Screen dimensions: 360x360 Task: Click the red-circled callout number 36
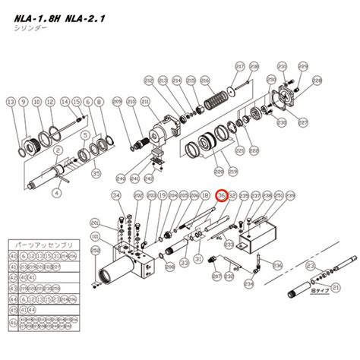click(222, 195)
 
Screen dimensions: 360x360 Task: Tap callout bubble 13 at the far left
click(10, 101)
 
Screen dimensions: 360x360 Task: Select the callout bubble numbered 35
click(95, 173)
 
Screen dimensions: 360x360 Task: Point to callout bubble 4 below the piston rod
click(56, 193)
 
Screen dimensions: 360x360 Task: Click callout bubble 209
click(118, 102)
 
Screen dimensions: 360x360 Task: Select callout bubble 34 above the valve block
click(116, 195)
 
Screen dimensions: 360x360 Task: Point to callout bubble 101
click(95, 248)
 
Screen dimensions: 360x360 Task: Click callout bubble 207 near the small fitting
click(217, 276)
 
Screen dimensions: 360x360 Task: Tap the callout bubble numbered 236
click(278, 265)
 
